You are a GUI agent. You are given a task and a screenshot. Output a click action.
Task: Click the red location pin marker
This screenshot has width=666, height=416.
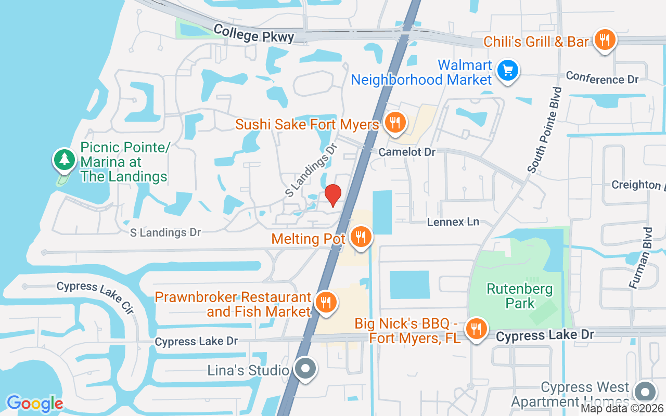click(x=333, y=195)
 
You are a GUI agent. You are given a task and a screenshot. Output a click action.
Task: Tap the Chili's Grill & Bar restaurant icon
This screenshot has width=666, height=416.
click(x=604, y=40)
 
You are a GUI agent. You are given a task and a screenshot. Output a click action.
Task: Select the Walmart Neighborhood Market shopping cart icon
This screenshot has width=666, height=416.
click(x=507, y=70)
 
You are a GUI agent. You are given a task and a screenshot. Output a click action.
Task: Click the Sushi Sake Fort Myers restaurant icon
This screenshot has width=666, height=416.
click(x=395, y=123)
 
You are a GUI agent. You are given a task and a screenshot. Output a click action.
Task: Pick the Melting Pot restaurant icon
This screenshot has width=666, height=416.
click(x=360, y=237)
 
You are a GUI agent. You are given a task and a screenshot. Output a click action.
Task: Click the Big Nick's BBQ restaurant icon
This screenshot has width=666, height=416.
click(x=476, y=329)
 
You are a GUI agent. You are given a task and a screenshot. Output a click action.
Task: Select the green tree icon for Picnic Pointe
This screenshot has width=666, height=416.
click(x=65, y=159)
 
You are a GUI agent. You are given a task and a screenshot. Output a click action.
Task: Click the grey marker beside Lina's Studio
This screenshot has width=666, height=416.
click(x=305, y=369)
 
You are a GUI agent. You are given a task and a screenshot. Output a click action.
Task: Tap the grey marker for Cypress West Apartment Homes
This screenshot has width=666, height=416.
click(x=645, y=392)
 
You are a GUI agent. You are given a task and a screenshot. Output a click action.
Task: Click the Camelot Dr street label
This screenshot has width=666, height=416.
click(x=407, y=152)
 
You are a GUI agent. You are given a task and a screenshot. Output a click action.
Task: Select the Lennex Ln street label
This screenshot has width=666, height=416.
click(x=453, y=222)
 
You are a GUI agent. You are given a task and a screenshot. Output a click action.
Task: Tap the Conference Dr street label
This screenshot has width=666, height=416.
click(x=602, y=78)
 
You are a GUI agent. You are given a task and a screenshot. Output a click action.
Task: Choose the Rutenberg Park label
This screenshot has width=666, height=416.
click(x=520, y=295)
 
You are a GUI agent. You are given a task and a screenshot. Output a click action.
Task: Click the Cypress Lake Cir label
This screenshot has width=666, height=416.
click(x=95, y=297)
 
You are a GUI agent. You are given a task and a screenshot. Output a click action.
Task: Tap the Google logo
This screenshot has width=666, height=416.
click(x=35, y=403)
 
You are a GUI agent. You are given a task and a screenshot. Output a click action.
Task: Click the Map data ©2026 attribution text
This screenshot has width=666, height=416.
click(x=622, y=409)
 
